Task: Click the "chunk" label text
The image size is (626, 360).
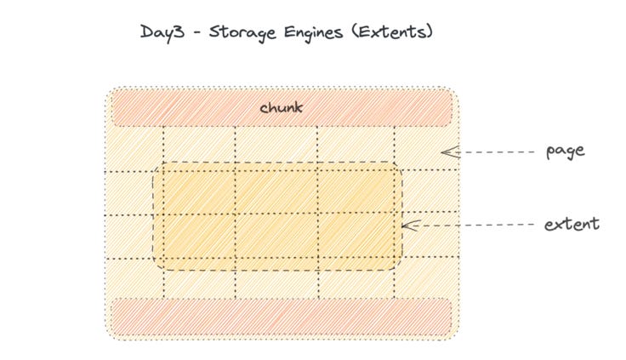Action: point(281,108)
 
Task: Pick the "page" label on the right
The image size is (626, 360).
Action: point(566,151)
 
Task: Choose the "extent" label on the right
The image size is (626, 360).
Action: point(572,225)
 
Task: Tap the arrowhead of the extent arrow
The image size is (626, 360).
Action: point(407,226)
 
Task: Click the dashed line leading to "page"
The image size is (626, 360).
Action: point(493,152)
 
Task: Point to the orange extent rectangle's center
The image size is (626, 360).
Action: point(278,215)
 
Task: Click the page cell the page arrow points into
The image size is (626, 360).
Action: point(425,151)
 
